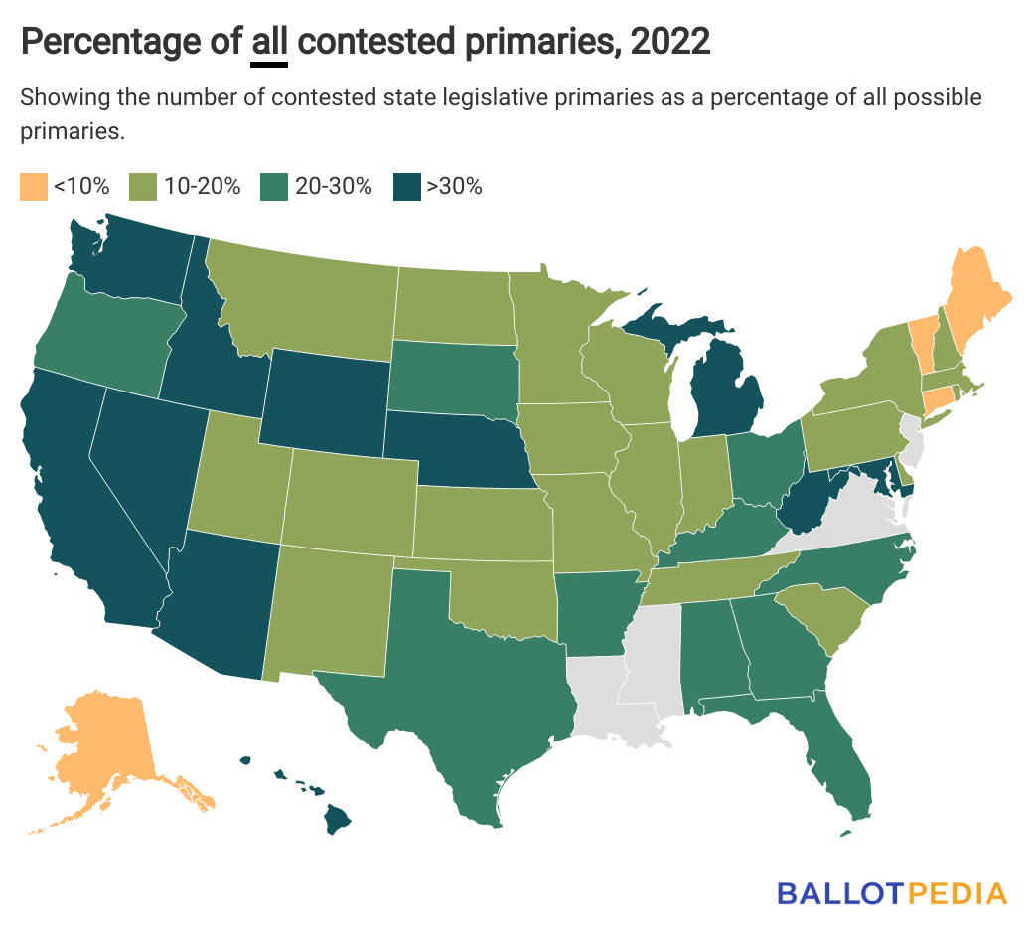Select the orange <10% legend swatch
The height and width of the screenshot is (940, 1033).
tap(33, 186)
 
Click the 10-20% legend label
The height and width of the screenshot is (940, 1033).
tap(203, 186)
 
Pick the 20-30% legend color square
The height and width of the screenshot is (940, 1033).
tap(273, 186)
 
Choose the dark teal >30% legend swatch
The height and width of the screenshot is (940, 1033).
tap(405, 186)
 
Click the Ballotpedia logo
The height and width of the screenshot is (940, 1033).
tap(891, 892)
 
